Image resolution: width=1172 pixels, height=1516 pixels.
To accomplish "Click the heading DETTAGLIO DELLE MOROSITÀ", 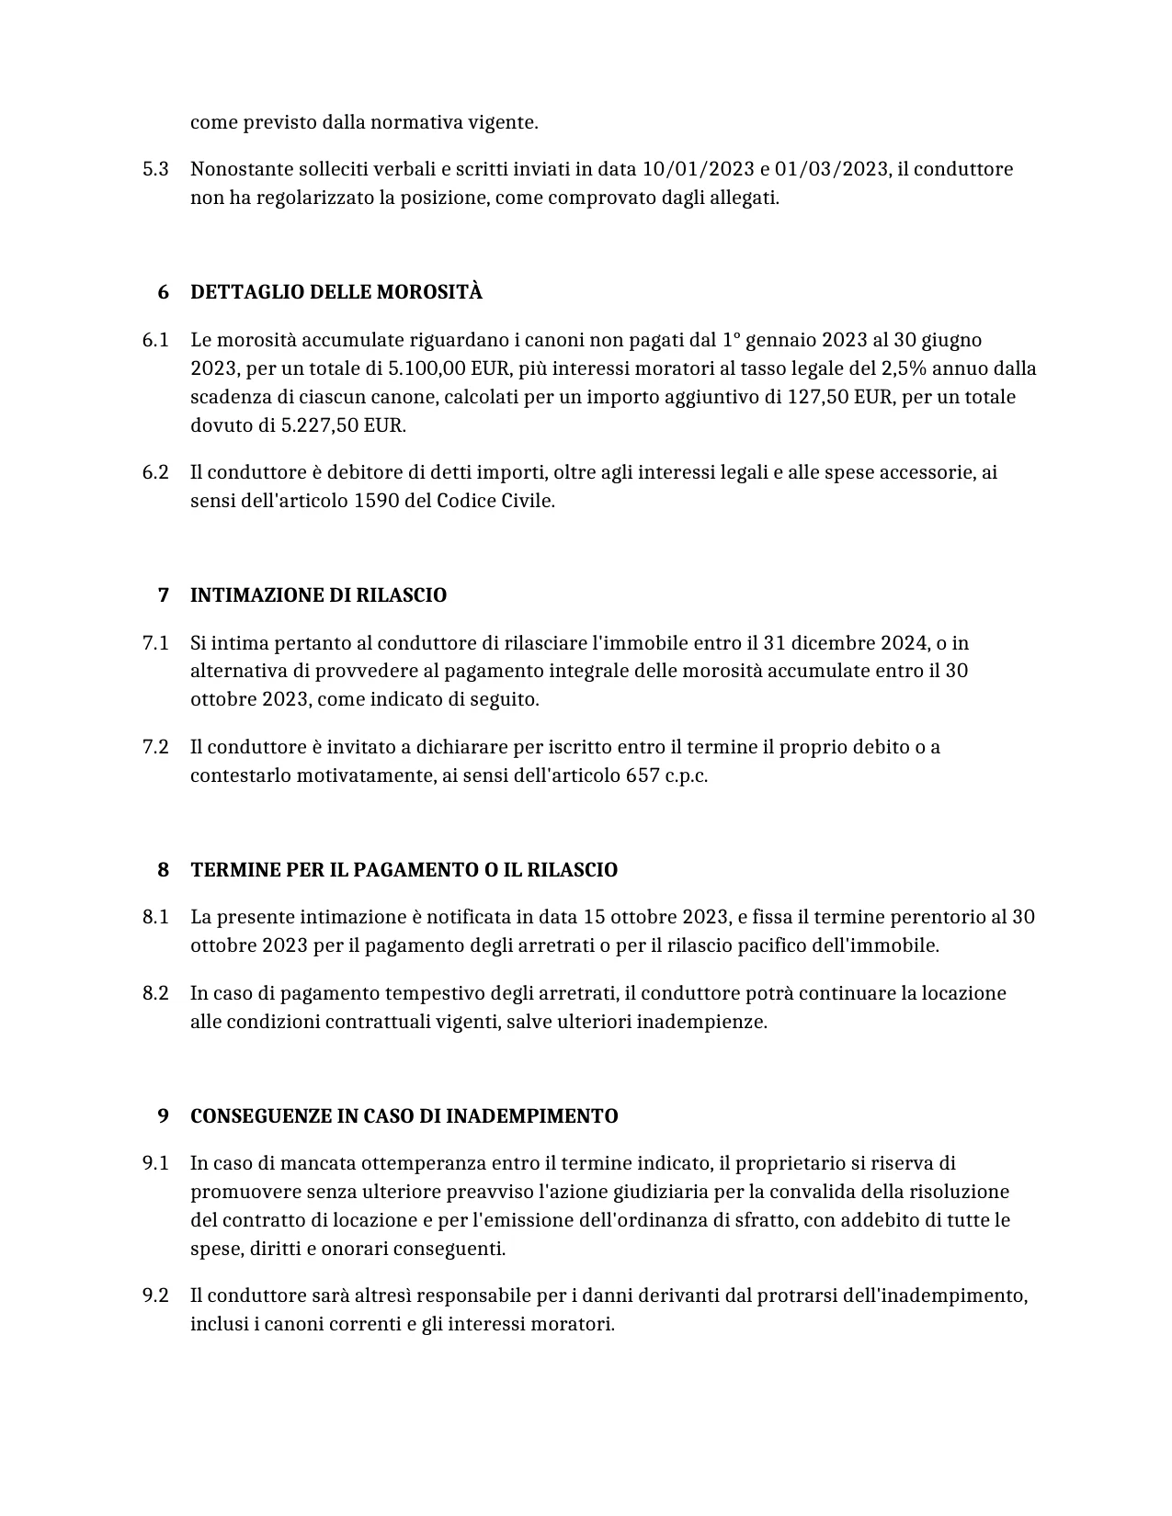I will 336,292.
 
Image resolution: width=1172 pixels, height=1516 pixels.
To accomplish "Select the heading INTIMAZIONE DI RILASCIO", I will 318,595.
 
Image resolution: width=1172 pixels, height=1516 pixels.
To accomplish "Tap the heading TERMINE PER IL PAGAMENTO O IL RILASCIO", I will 404,870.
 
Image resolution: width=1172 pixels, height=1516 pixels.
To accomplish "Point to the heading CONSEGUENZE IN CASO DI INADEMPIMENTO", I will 404,1116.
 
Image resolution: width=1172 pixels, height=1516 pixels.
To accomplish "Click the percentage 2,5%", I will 904,368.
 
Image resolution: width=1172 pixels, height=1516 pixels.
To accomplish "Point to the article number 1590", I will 375,501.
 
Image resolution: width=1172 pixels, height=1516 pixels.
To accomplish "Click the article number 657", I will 642,775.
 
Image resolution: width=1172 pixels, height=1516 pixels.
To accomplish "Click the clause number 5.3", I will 155,169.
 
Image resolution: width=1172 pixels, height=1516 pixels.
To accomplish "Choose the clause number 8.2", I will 155,993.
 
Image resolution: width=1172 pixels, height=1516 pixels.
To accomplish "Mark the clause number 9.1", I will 155,1163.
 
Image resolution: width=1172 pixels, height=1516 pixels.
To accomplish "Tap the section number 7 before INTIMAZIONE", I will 164,595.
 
